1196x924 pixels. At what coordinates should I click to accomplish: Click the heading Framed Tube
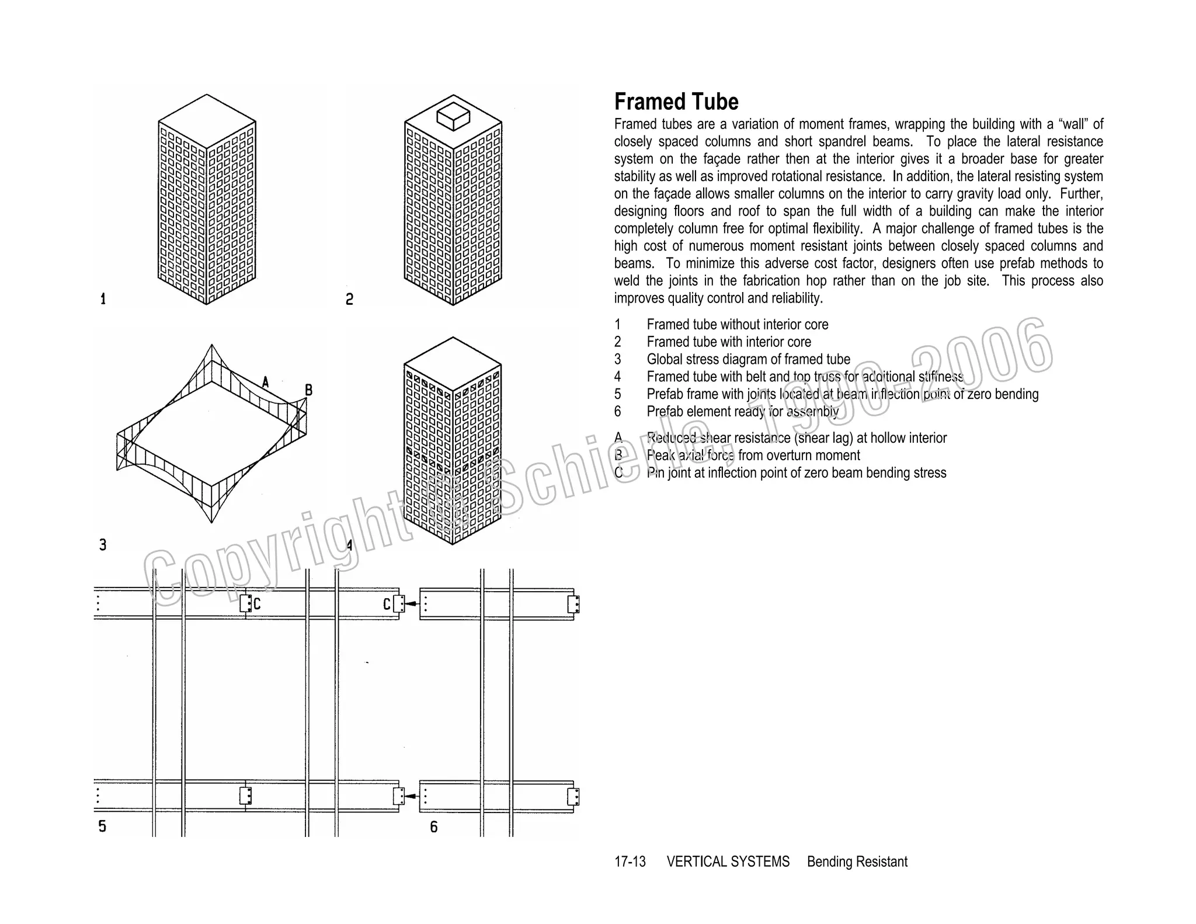(x=676, y=102)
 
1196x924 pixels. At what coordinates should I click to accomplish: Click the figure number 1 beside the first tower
(x=103, y=299)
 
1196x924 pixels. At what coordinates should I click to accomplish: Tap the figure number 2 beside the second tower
(x=349, y=300)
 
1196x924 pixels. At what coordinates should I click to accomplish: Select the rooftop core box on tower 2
(x=453, y=116)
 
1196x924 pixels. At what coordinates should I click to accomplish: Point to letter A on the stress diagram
(x=266, y=383)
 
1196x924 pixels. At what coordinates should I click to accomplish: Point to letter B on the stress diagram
(x=309, y=390)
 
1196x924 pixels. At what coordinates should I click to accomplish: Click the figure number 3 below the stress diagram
(x=103, y=545)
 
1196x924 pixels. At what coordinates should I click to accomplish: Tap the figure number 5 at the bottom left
(x=102, y=826)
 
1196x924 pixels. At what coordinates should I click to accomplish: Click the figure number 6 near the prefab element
(x=433, y=827)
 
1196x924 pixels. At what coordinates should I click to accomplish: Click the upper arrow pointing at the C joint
(x=412, y=603)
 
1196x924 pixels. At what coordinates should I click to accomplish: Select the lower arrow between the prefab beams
(x=412, y=796)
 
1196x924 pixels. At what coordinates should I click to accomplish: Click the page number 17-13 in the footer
(x=630, y=862)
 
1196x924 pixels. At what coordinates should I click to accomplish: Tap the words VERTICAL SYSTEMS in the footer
(x=728, y=862)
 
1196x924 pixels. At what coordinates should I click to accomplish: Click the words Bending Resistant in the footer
(x=857, y=862)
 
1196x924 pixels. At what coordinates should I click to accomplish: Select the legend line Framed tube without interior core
(x=737, y=325)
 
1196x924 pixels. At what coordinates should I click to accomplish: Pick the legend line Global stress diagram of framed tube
(x=748, y=359)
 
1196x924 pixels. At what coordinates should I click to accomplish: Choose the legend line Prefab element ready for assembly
(x=742, y=412)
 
